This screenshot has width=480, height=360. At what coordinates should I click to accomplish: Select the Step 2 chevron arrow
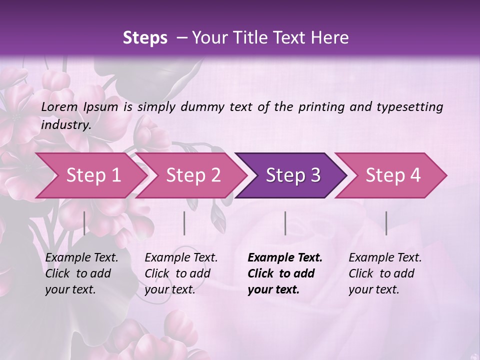193,175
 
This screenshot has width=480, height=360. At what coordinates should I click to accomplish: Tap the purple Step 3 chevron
293,175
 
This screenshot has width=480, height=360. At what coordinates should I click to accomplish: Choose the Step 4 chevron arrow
393,175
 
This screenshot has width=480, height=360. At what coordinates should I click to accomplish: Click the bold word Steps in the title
145,37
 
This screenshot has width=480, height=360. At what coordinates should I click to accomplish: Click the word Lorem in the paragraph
59,106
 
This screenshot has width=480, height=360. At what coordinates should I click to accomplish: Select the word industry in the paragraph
65,125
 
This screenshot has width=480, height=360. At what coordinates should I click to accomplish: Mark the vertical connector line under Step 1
84,223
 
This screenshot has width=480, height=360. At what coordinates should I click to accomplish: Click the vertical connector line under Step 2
184,223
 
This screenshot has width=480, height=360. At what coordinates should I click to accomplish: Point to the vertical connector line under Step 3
285,223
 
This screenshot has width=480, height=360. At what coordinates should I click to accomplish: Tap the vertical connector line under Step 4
386,223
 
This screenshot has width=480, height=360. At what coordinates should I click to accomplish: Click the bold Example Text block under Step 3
284,273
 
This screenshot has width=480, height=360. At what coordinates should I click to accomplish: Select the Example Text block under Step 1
81,273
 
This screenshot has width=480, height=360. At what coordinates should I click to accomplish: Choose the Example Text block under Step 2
181,273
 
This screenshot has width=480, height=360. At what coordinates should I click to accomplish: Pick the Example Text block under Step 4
385,273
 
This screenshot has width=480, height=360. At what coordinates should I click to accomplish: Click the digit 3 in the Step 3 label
315,175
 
